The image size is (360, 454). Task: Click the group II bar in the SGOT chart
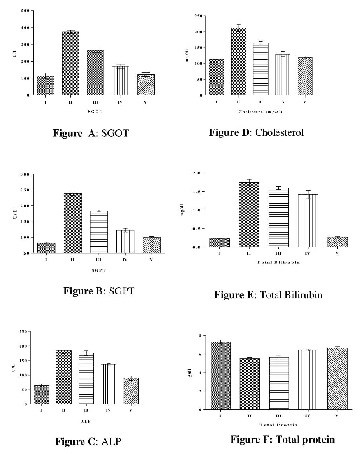pos(70,63)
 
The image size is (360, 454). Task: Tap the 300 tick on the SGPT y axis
pos(26,174)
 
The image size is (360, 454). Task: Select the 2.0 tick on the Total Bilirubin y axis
pos(197,173)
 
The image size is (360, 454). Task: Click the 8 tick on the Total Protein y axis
pos(199,336)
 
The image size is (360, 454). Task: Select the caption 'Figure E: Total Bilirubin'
pos(268,294)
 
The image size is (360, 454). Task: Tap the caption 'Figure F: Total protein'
pos(282,440)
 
